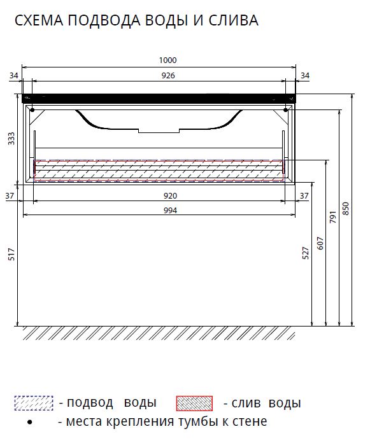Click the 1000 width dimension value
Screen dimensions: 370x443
click(167, 60)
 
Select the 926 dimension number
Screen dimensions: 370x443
click(168, 76)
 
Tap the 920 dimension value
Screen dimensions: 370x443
click(170, 196)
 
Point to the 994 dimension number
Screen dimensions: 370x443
click(170, 211)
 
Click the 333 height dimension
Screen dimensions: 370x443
click(11, 139)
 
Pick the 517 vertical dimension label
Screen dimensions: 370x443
click(11, 254)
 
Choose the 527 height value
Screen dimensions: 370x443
click(306, 253)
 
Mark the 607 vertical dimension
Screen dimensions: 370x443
click(320, 243)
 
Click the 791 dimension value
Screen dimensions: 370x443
click(333, 217)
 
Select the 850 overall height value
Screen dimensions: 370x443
click(346, 209)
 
